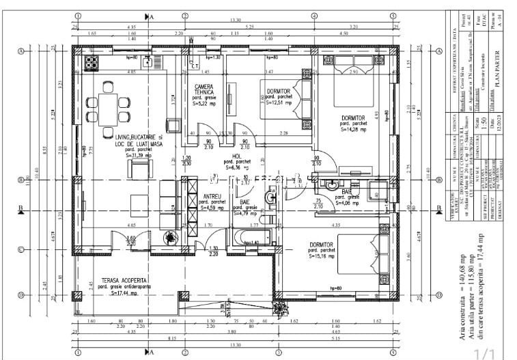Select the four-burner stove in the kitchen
pyautogui.click(x=92, y=62)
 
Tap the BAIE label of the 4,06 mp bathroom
pyautogui.click(x=347, y=193)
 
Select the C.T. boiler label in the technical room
pyautogui.click(x=195, y=66)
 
